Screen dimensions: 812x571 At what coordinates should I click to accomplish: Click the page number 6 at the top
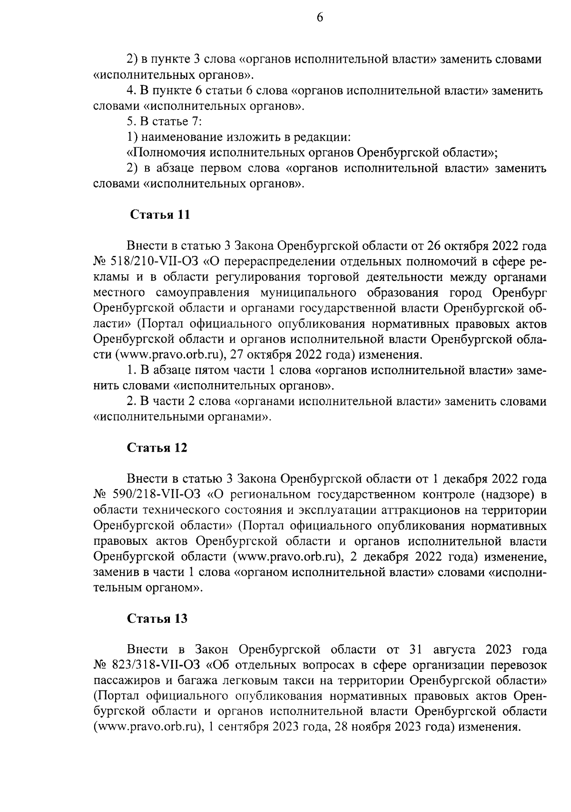(319, 18)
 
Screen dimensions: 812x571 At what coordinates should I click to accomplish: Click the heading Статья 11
(160, 215)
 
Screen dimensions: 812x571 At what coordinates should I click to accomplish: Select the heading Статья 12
(157, 448)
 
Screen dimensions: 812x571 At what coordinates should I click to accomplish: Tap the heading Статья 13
(157, 619)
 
